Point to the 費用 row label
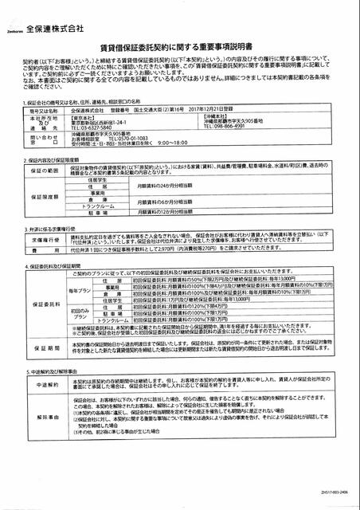[x=44, y=249]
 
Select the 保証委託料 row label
[x=44, y=304]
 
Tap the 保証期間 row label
[x=44, y=347]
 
